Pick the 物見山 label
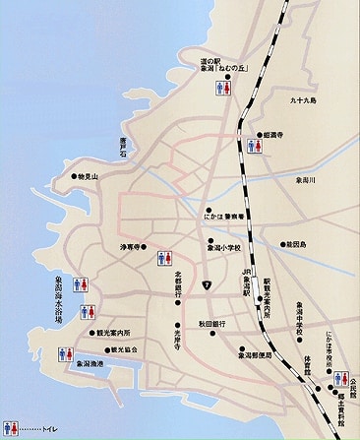tap(87, 177)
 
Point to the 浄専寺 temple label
tap(133, 246)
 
